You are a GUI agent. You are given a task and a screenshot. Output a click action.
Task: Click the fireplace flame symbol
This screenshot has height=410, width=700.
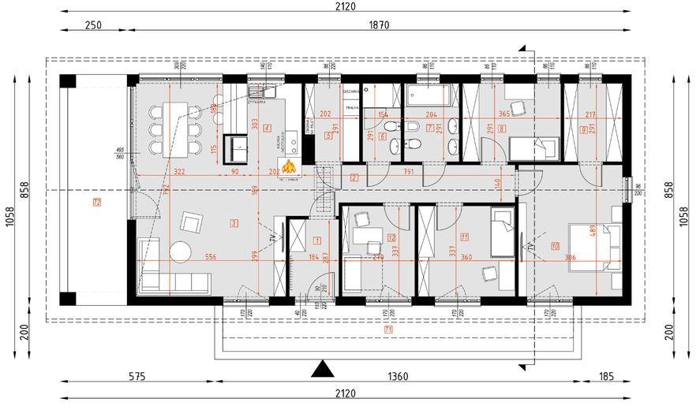290,167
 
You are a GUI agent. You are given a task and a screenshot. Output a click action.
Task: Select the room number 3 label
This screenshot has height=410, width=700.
234,224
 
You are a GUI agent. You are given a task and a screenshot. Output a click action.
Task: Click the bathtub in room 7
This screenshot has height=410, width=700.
427,95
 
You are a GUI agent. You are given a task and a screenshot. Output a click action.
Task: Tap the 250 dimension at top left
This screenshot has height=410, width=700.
94,25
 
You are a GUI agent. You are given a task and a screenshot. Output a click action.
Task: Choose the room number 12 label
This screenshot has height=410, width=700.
391,237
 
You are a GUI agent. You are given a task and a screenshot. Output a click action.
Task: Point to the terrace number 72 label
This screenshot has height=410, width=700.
96,203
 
